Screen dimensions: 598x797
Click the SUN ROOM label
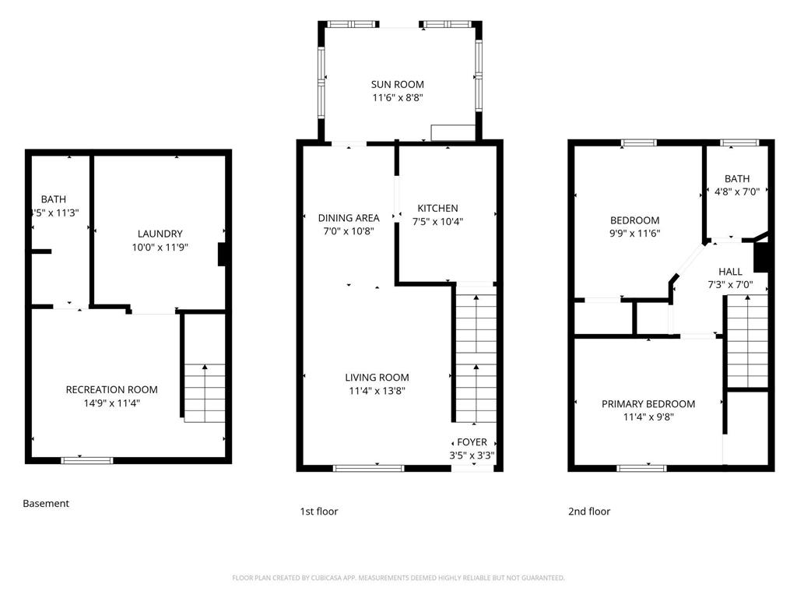(x=398, y=84)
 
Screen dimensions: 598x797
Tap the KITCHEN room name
(x=437, y=208)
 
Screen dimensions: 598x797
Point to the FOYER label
(x=472, y=442)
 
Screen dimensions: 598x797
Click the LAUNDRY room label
(x=160, y=234)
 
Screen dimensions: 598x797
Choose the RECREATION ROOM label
(x=111, y=389)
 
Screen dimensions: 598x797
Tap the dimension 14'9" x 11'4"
(x=111, y=403)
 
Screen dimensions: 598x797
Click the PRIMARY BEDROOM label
(x=648, y=403)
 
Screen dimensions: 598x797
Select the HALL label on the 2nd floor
(x=730, y=272)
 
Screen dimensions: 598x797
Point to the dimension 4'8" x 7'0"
(x=736, y=192)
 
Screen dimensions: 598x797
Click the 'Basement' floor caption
(x=46, y=504)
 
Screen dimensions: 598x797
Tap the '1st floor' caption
(x=319, y=512)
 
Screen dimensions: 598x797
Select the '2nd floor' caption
(x=589, y=512)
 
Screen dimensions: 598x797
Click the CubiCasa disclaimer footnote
(x=398, y=578)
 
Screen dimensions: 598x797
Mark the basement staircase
(x=205, y=393)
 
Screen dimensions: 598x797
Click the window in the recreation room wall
(x=87, y=460)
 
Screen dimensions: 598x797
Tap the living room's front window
(x=368, y=468)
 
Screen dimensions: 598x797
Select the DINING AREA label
(x=349, y=218)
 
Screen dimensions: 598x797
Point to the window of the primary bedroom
(x=642, y=468)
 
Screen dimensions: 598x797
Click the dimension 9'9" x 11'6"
(x=634, y=233)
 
